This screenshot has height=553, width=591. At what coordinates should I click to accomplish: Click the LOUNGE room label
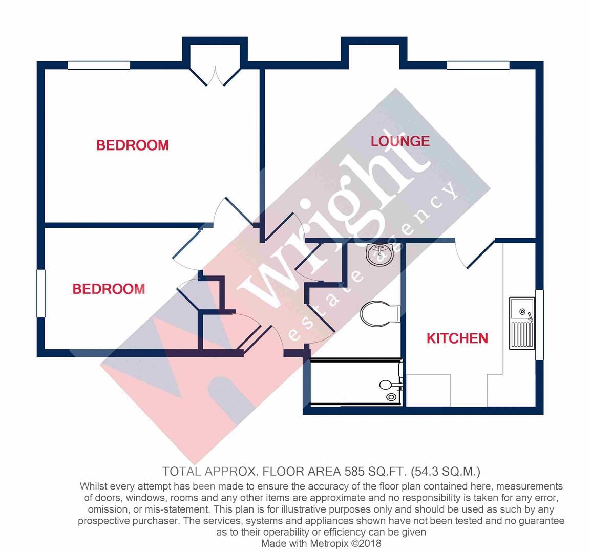pyautogui.click(x=400, y=141)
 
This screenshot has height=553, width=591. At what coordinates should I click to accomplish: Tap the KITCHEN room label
pyautogui.click(x=457, y=338)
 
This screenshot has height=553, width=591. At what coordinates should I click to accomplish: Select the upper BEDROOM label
pyautogui.click(x=133, y=145)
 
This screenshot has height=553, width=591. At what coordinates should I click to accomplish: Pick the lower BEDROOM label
pyautogui.click(x=109, y=289)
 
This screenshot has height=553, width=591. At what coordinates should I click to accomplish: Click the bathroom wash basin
pyautogui.click(x=379, y=254)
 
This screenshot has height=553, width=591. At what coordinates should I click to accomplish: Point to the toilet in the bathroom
pyautogui.click(x=379, y=313)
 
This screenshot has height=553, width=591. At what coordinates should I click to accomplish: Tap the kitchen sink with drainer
pyautogui.click(x=522, y=323)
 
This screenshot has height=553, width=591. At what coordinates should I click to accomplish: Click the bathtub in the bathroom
pyautogui.click(x=356, y=384)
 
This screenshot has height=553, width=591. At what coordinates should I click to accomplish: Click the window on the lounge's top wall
pyautogui.click(x=478, y=65)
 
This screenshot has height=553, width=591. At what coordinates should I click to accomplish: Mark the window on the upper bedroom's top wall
pyautogui.click(x=99, y=65)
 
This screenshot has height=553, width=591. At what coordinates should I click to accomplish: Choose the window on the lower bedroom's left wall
pyautogui.click(x=41, y=293)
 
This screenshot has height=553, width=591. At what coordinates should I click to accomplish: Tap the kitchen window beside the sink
pyautogui.click(x=539, y=324)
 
